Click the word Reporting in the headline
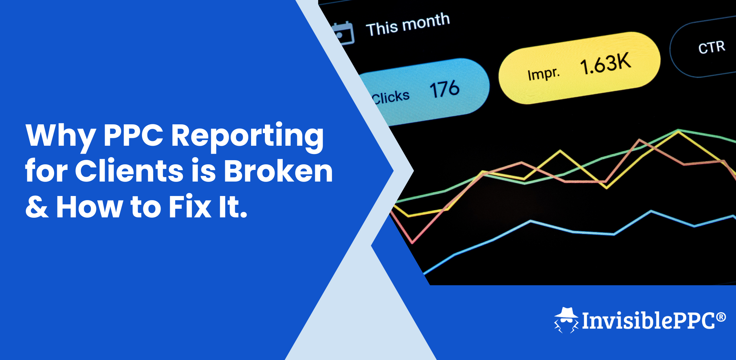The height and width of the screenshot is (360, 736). [247, 137]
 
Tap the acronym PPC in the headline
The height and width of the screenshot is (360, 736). [134, 135]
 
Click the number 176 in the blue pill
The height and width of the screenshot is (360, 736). [444, 89]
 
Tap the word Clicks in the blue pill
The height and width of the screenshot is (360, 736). [391, 97]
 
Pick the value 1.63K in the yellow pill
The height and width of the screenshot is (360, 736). [605, 63]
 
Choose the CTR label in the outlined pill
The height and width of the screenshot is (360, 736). [712, 47]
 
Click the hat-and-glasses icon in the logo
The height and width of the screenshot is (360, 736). [566, 320]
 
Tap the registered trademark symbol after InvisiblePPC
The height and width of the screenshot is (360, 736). [721, 317]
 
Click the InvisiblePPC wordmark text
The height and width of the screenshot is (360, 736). [649, 321]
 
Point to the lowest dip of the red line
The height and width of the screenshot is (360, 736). [412, 242]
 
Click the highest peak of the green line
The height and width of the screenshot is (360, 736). [678, 130]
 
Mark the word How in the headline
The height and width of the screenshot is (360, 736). [90, 207]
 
